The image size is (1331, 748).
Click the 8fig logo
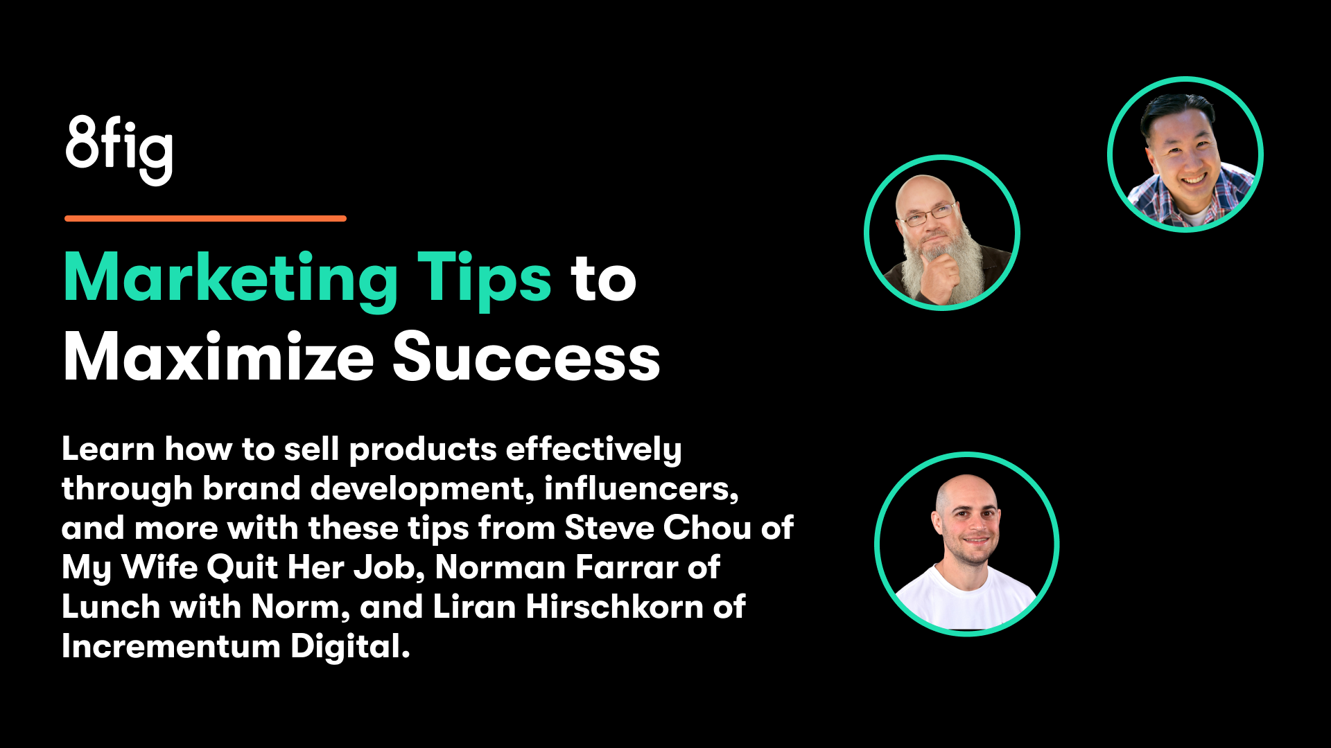tap(119, 148)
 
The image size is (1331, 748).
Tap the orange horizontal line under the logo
tap(205, 218)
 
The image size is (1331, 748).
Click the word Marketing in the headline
tap(230, 278)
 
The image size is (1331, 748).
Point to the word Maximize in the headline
tap(218, 357)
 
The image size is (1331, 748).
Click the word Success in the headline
tap(526, 357)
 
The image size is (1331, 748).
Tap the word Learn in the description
tap(108, 449)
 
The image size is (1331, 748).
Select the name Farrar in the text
tap(626, 567)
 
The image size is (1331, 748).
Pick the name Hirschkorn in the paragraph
tap(614, 607)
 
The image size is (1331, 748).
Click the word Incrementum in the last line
tap(171, 646)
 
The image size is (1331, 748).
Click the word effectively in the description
tap(593, 449)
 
